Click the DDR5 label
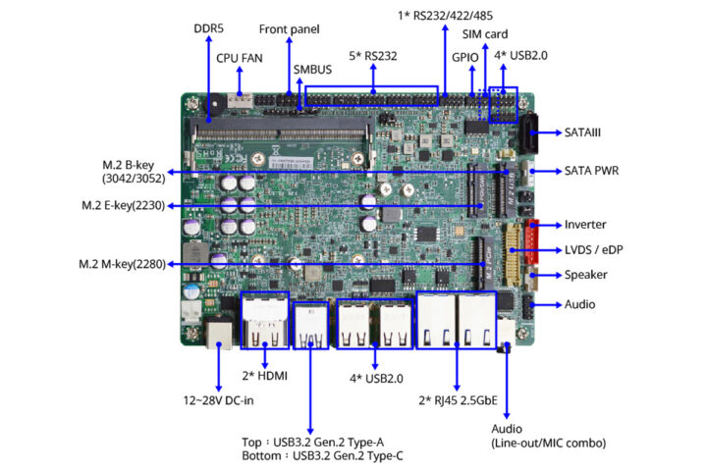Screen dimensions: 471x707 [209, 28]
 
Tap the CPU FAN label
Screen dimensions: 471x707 [239, 57]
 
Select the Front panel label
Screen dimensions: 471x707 [291, 29]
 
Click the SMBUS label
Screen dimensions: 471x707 [312, 70]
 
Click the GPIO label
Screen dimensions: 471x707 [465, 57]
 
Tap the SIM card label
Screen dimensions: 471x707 [486, 34]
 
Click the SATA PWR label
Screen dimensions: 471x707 [591, 170]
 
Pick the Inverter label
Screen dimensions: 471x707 [585, 225]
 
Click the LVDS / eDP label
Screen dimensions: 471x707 [594, 249]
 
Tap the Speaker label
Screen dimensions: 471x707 [586, 275]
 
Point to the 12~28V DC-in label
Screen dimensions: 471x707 [217, 400]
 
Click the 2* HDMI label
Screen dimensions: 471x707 [265, 376]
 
